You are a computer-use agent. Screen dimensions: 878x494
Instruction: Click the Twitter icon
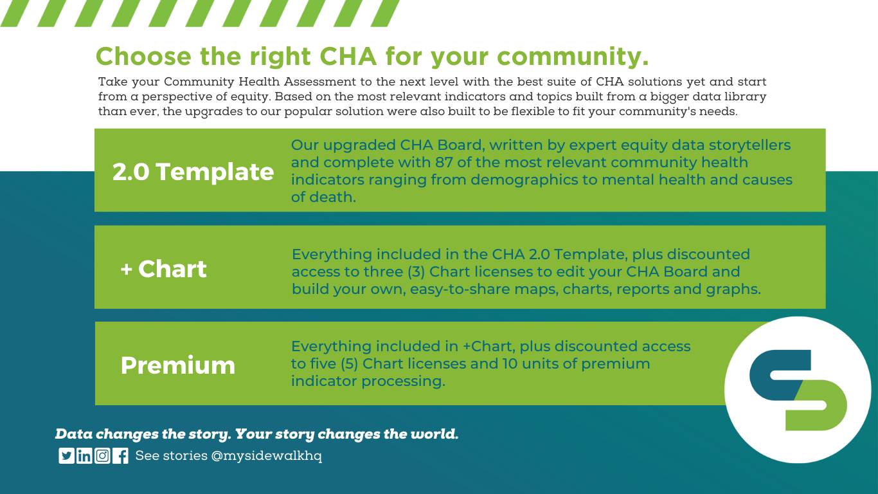pyautogui.click(x=66, y=455)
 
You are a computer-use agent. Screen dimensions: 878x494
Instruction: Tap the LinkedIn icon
pyautogui.click(x=84, y=455)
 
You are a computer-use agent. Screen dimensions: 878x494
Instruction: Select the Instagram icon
pyautogui.click(x=102, y=455)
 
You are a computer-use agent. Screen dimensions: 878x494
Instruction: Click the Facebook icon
pyautogui.click(x=120, y=455)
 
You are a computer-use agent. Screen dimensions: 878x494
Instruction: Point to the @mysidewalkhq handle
pyautogui.click(x=267, y=456)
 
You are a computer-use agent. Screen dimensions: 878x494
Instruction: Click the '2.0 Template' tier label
pyautogui.click(x=193, y=172)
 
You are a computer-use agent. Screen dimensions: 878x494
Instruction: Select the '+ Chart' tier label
pyautogui.click(x=163, y=269)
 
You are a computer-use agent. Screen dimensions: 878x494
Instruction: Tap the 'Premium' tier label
pyautogui.click(x=178, y=366)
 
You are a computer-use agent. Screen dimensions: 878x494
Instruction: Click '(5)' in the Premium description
pyautogui.click(x=350, y=363)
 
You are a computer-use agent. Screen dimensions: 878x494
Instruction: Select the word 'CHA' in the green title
pyautogui.click(x=348, y=57)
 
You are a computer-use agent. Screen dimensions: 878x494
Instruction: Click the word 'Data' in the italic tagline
pyautogui.click(x=74, y=434)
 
